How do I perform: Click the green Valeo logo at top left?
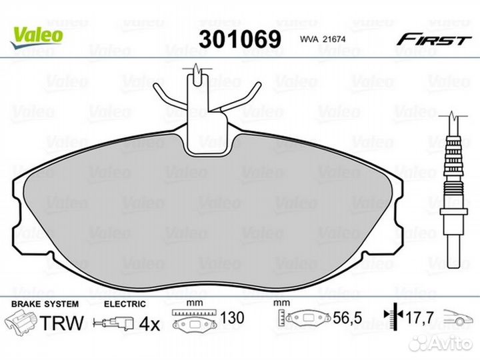[37, 37]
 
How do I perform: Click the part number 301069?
[240, 39]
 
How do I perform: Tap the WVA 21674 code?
[323, 39]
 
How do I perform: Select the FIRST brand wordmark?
[434, 40]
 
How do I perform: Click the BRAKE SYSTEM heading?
[45, 304]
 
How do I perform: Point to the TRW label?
[62, 323]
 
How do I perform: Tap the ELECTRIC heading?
[125, 304]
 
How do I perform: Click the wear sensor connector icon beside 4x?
[114, 323]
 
